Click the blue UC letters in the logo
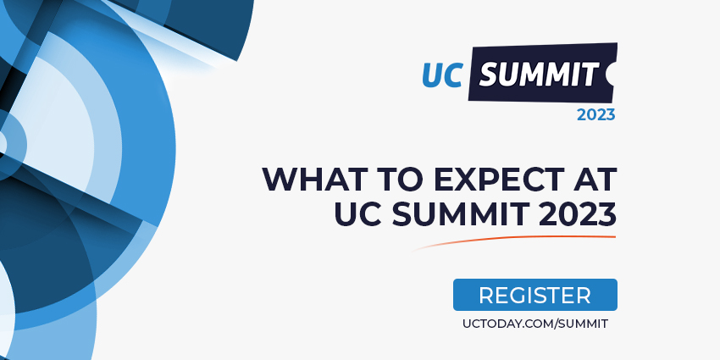[x=442, y=75]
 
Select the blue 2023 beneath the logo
[x=595, y=115]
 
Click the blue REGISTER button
[x=535, y=295]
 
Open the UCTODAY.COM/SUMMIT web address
[x=535, y=324]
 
